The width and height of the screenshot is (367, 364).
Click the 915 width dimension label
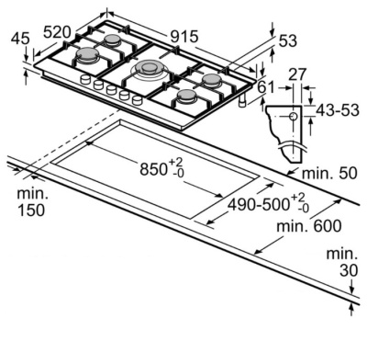click(x=184, y=37)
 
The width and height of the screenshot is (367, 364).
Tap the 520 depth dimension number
click(x=57, y=32)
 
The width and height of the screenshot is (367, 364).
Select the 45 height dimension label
click(x=20, y=39)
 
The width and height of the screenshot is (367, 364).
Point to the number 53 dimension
click(x=288, y=40)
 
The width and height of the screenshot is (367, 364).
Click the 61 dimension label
click(x=266, y=87)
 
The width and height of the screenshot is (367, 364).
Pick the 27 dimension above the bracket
click(x=297, y=74)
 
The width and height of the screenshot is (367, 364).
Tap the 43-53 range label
click(x=338, y=110)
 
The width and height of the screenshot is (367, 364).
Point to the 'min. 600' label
click(x=309, y=227)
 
